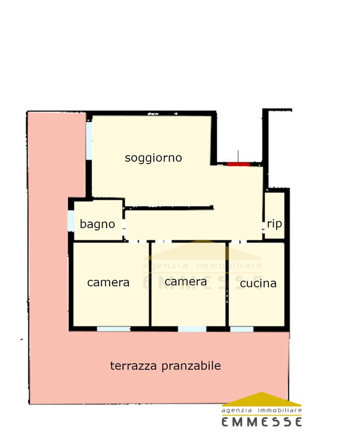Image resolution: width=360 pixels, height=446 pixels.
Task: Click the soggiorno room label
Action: tap(153, 158)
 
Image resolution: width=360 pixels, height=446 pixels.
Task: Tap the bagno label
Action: tap(97, 224)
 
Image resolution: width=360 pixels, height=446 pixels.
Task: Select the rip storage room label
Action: tap(274, 224)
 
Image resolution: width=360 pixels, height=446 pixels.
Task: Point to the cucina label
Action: tap(258, 283)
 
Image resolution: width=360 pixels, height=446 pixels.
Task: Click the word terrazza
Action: tap(133, 366)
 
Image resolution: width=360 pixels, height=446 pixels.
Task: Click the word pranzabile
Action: tap(191, 366)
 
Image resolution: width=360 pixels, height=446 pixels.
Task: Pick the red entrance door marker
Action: tap(239, 164)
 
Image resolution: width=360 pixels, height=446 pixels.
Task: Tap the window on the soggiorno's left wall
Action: tap(89, 141)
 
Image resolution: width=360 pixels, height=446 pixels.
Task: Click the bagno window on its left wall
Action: tap(71, 221)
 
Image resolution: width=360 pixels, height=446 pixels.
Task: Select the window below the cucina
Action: tap(241, 329)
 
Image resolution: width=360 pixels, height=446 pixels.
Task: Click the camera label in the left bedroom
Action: tap(108, 283)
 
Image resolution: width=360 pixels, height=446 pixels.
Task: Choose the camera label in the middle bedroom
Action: tap(185, 282)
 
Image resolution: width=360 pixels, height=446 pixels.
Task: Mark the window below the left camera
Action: tap(114, 329)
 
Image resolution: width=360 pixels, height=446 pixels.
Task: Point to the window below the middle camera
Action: tap(192, 329)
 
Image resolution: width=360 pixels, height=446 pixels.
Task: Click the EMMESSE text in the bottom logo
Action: tap(261, 422)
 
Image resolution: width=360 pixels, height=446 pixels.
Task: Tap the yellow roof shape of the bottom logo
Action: tap(261, 399)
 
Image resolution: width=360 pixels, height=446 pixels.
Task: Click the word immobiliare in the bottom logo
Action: tap(280, 410)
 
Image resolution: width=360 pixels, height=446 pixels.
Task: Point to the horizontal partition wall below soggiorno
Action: tap(169, 208)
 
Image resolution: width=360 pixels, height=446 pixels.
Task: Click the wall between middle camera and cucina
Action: tap(227, 284)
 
